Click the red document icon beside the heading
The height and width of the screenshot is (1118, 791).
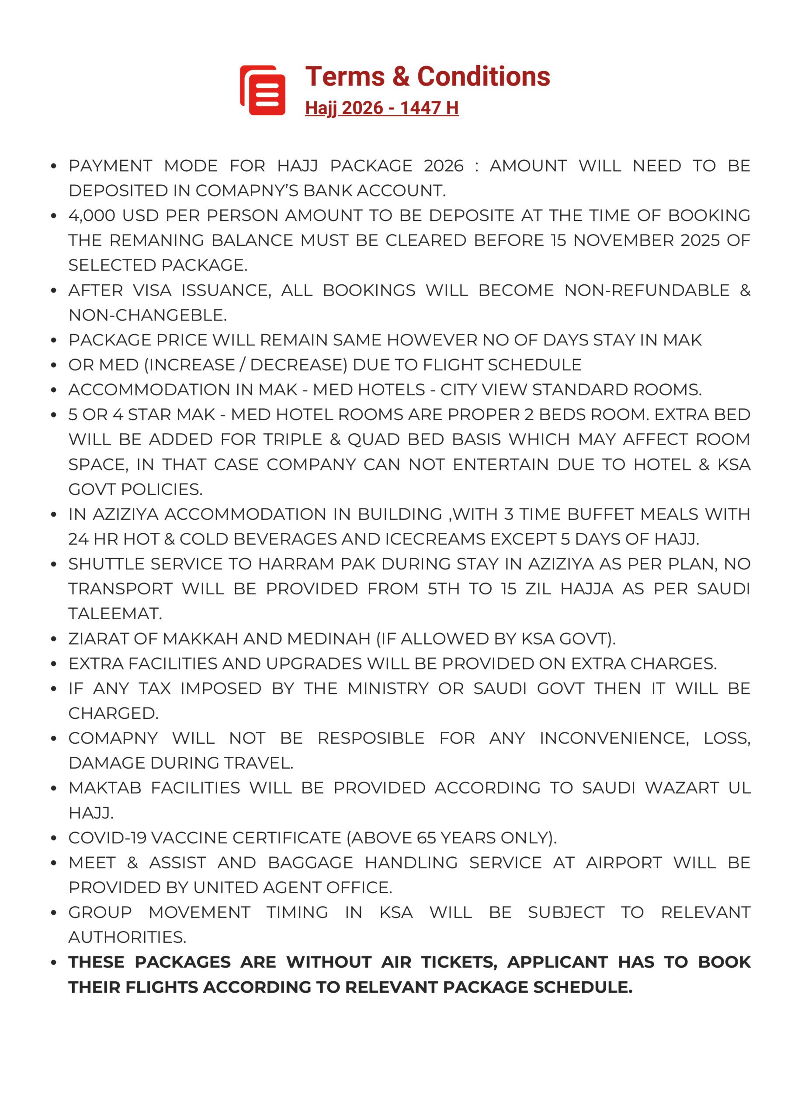(262, 90)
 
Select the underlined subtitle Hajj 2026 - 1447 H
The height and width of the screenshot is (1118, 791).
(382, 107)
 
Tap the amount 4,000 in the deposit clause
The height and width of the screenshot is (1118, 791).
(92, 215)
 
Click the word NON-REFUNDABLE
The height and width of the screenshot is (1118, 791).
(646, 290)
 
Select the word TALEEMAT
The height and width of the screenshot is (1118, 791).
(115, 614)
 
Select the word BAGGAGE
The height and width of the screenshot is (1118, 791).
(310, 863)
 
